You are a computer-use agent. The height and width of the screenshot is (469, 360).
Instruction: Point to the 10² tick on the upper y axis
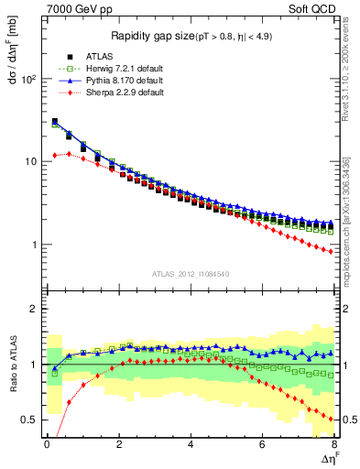(29, 80)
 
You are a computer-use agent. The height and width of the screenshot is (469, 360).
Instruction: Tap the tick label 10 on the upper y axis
(31, 162)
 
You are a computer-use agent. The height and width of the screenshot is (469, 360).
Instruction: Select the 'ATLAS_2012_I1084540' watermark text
(190, 273)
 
